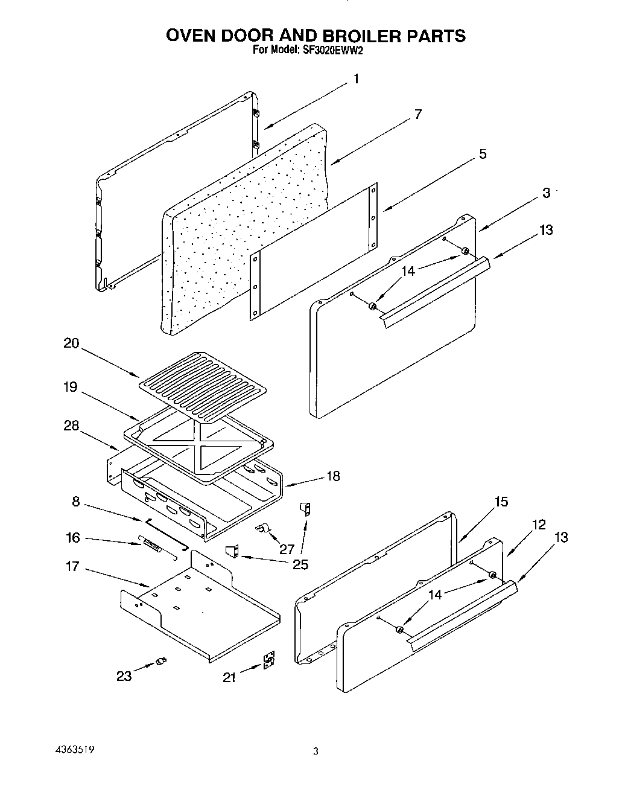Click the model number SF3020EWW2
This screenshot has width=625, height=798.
[331, 51]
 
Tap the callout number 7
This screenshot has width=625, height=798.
[417, 115]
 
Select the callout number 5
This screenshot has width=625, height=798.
[483, 154]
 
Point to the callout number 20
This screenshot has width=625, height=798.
[71, 343]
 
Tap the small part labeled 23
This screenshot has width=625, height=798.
[160, 662]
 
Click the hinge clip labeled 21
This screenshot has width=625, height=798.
[270, 660]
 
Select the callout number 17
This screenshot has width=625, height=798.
[72, 567]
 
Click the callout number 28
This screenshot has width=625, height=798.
[71, 426]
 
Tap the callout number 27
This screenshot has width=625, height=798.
[287, 549]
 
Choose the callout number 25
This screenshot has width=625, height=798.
[300, 564]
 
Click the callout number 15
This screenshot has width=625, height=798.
[501, 502]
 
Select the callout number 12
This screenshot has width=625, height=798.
[539, 525]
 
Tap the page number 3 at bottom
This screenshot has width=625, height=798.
[315, 752]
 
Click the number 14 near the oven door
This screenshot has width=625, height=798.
[408, 271]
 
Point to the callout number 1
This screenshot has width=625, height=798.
[356, 78]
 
